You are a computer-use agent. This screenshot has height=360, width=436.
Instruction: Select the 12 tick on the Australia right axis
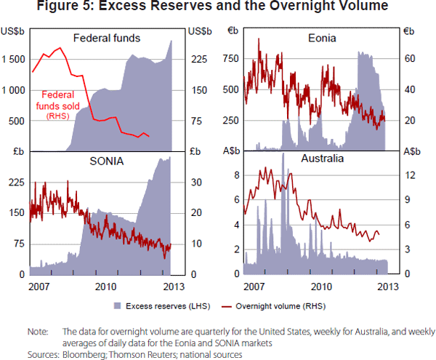[408, 175]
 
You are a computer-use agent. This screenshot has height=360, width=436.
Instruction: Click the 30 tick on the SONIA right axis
[195, 183]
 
